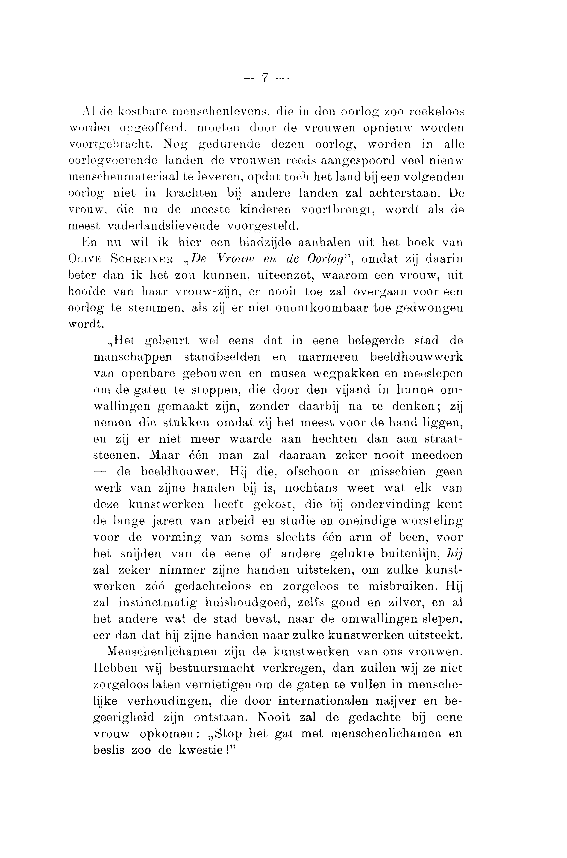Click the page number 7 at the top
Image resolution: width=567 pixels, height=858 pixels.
click(265, 77)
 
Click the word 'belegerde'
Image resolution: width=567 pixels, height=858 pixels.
click(376, 341)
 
